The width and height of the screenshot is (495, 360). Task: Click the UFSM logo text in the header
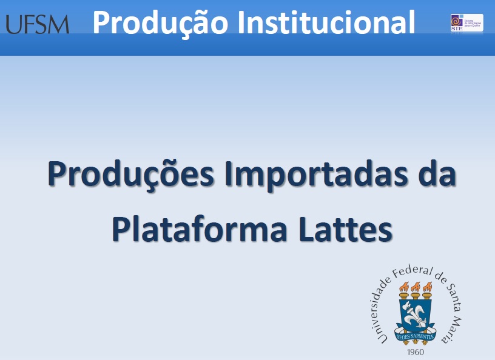(37, 24)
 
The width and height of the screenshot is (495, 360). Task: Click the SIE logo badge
(466, 23)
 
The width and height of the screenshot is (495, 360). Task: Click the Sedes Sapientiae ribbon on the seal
(416, 335)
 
